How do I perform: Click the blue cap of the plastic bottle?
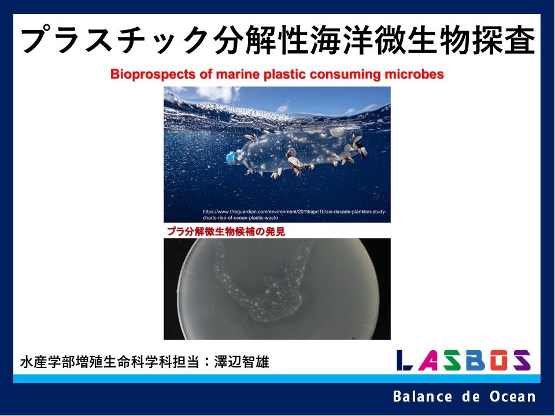(x=232, y=158)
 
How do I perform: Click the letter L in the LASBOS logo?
(x=405, y=360)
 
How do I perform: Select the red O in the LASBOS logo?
(x=499, y=360)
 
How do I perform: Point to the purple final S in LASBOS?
(x=522, y=360)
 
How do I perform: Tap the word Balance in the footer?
(x=423, y=396)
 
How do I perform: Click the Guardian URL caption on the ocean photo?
(x=294, y=215)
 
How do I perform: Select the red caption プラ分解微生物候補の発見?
(x=226, y=231)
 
